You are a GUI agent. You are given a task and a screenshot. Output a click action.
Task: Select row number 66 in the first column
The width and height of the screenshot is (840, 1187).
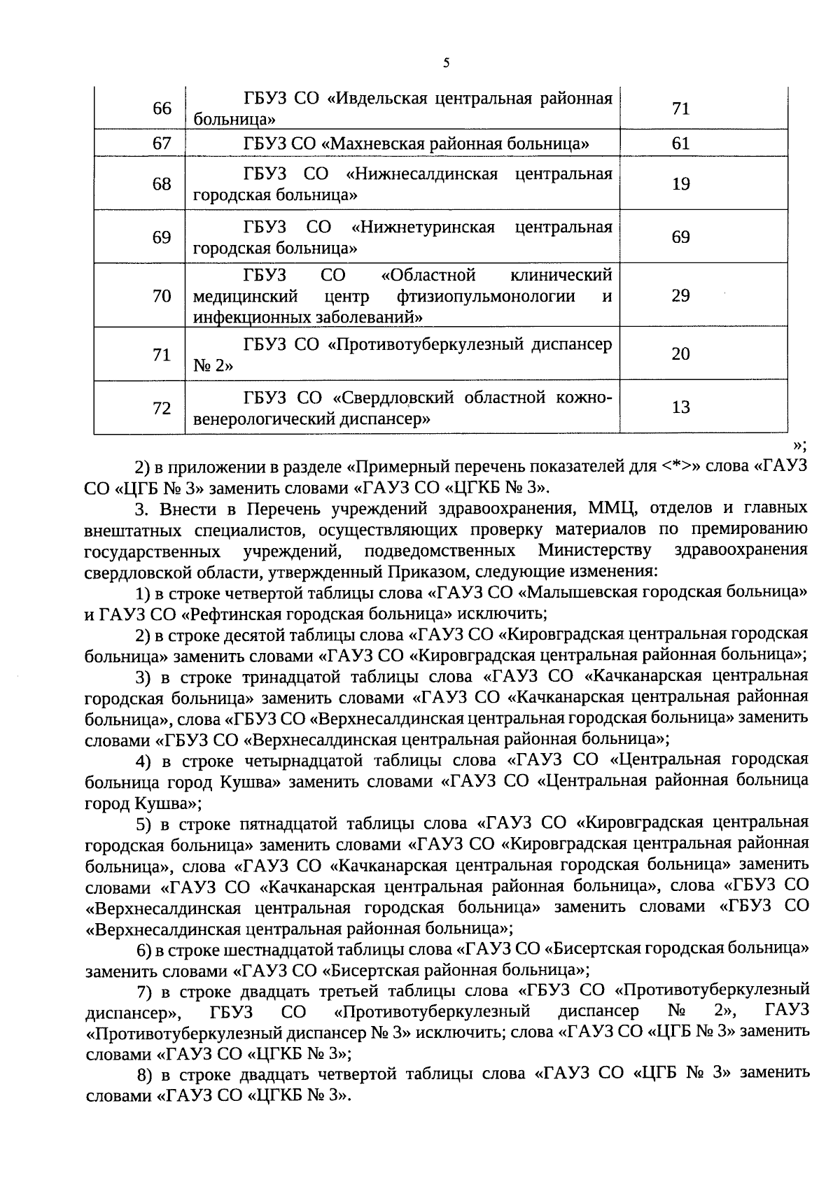162,109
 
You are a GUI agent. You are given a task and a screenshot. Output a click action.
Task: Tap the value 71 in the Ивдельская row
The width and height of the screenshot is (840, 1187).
680,109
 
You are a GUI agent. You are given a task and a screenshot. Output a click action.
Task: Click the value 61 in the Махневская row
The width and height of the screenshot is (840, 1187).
680,143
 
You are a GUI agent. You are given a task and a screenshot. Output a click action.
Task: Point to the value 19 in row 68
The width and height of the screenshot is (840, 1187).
680,184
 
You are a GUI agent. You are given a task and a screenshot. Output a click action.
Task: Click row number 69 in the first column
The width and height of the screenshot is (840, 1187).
162,237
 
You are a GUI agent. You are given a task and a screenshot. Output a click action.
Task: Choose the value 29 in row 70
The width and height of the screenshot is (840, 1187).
680,295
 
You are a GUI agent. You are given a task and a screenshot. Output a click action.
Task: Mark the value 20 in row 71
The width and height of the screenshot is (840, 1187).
680,354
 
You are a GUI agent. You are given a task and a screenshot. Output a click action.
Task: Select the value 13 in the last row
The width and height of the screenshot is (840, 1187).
680,407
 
